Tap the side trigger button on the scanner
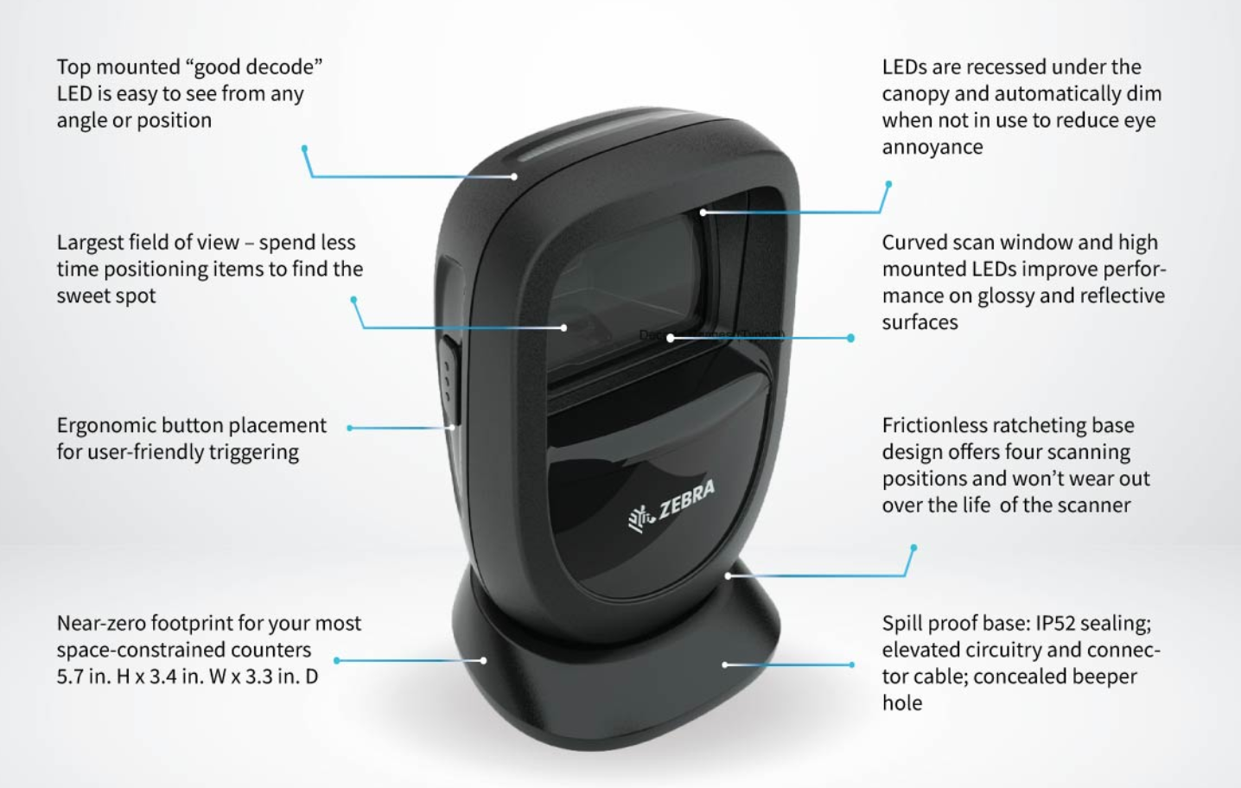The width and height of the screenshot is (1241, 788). coord(448,372)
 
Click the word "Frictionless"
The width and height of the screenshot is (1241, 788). coord(934,426)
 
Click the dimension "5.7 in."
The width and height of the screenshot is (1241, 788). coord(83,677)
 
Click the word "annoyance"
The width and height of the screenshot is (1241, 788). coord(932,147)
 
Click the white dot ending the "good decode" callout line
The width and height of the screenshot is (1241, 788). coord(514,177)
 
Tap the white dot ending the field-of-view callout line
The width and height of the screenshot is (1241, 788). coord(563,328)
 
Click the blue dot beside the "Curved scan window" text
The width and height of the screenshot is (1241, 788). coord(851,339)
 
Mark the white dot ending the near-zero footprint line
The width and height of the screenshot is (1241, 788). coord(483,661)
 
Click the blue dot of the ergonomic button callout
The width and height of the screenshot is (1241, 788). coord(350,428)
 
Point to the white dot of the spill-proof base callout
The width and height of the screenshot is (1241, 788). coord(724,665)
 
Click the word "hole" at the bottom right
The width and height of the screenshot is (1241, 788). coord(901,703)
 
